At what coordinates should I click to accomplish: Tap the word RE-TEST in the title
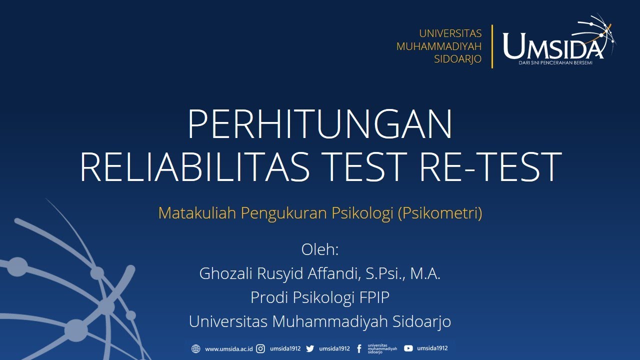point(490,166)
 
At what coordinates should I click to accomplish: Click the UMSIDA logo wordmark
point(552,46)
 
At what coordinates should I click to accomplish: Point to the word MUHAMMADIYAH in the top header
point(438,46)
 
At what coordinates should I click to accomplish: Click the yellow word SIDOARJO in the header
point(457,59)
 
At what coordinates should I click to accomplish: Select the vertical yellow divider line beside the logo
point(492,46)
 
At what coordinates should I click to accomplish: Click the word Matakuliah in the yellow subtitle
point(197,213)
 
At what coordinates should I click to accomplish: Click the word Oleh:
point(320,249)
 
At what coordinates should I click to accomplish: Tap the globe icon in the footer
point(196,349)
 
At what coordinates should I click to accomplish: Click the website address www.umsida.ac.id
point(228,349)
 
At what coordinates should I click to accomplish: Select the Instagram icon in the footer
point(260,349)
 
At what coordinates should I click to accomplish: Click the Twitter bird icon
point(310,349)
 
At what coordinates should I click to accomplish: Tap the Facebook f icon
point(359,349)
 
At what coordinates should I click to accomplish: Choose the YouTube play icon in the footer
point(408,348)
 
